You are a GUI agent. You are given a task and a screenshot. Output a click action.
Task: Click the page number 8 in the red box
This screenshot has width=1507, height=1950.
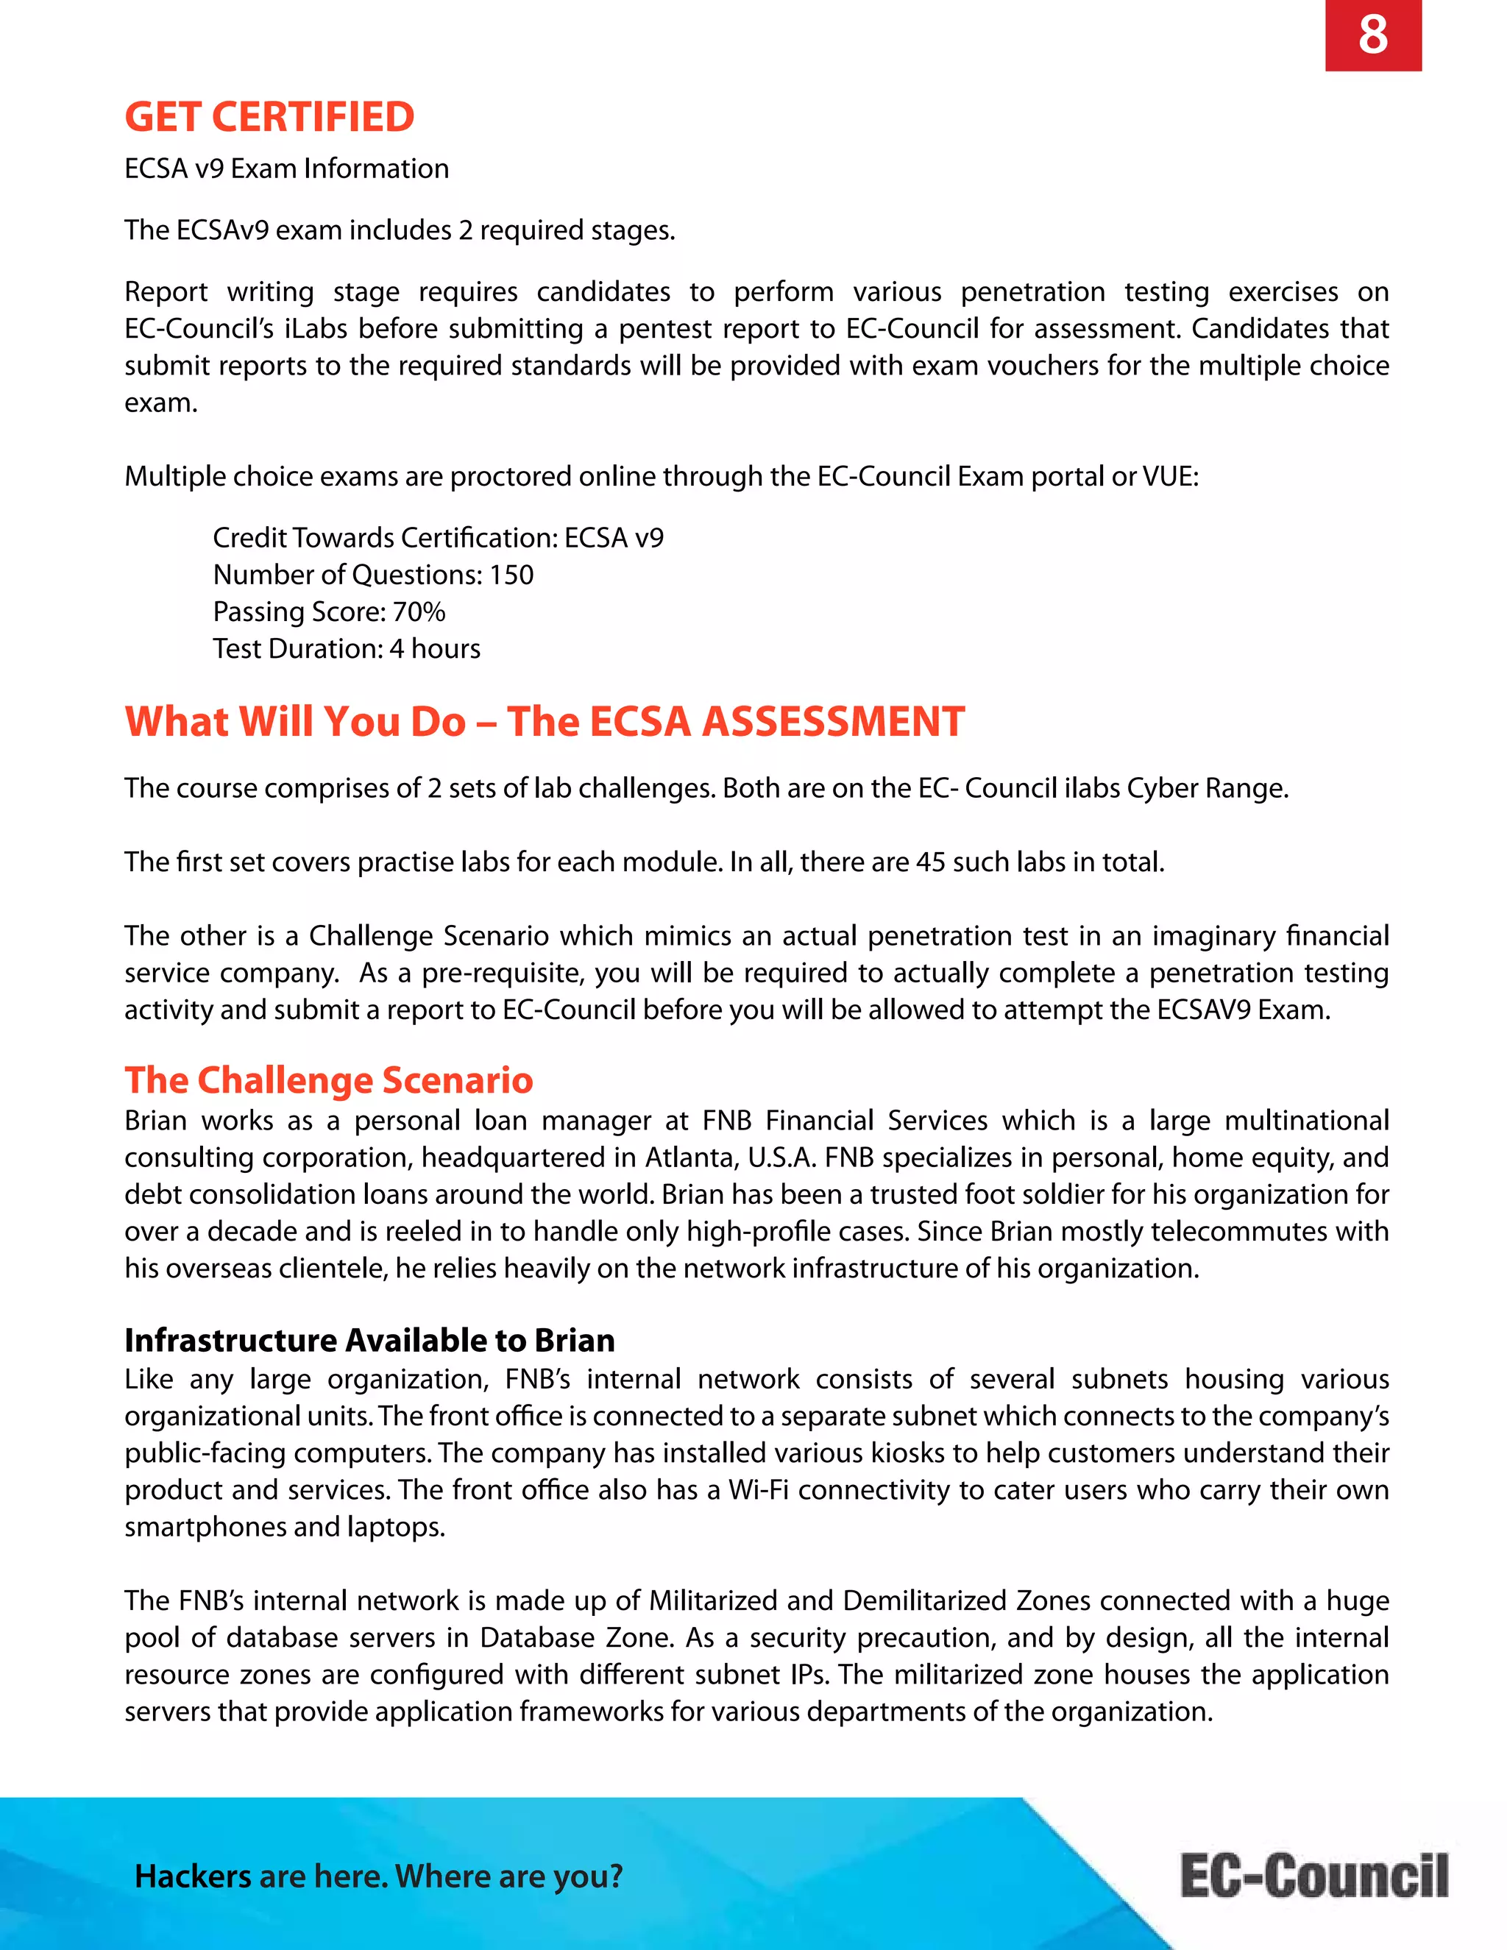pos(1372,36)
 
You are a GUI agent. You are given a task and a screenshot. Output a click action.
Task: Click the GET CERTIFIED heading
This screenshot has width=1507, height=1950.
pos(269,117)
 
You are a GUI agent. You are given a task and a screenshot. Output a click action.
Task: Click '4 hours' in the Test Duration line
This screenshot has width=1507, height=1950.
pos(435,649)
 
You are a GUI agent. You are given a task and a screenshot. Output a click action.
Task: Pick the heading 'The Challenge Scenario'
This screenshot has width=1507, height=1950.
pos(328,1079)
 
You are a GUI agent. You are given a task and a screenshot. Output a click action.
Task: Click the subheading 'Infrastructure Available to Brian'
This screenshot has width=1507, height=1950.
pos(369,1340)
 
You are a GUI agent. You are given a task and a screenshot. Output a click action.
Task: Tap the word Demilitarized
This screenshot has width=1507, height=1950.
pos(924,1601)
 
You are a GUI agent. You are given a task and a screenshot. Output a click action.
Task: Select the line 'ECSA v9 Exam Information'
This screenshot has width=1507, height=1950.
pos(286,169)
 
